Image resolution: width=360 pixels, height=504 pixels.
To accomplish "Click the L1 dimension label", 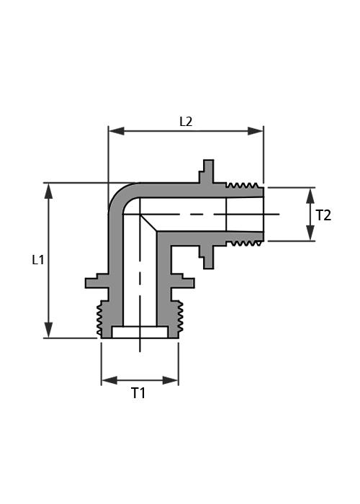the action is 38,260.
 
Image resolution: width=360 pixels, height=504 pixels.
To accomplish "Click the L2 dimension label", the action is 186,122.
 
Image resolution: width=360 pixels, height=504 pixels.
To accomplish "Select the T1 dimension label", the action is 138,393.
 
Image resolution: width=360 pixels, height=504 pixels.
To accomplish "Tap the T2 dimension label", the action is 323,215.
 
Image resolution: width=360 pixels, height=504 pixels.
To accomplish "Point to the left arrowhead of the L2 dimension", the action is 117,131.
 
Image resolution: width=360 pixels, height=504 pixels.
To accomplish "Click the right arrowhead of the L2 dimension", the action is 256,131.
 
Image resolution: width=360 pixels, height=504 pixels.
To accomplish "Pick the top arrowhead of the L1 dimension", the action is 48,191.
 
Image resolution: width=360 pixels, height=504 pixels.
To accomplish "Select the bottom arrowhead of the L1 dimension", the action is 48,330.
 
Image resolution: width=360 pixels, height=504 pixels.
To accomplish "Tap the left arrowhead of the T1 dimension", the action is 109,380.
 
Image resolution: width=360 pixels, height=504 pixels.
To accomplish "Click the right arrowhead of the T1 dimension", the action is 171,380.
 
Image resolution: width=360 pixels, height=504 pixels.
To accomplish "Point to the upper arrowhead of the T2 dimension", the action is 310,195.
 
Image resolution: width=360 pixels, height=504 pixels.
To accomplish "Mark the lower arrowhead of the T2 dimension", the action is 310,233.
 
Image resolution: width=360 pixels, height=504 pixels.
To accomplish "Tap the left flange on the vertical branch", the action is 97,282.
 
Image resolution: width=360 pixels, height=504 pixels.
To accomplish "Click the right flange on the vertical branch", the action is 183,282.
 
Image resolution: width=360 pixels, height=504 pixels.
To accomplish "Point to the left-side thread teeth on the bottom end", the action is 99,318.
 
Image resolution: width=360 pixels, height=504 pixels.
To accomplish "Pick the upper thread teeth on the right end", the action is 242,185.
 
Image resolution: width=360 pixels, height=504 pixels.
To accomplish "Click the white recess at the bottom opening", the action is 140,333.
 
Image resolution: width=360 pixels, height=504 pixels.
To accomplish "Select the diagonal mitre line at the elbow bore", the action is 148,222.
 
